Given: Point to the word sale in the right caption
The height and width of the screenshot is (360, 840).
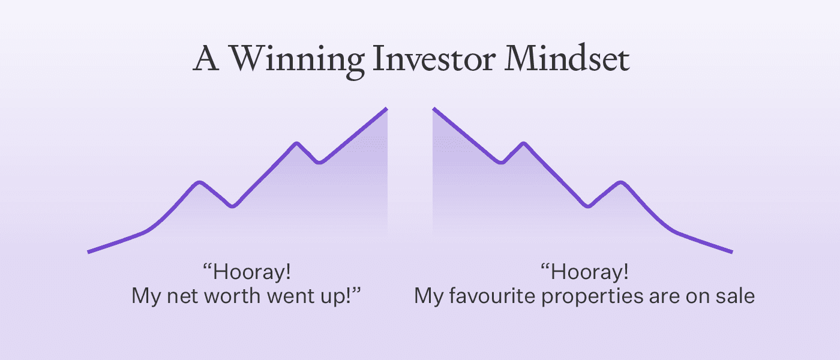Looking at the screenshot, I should pos(734,296).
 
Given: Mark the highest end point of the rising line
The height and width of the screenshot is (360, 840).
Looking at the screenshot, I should pos(386,109).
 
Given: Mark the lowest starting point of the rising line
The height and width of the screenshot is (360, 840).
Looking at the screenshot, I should pos(89,251).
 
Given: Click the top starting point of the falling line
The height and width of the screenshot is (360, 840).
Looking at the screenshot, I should pos(434,109).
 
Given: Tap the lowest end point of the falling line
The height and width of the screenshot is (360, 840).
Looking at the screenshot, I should pos(731,251).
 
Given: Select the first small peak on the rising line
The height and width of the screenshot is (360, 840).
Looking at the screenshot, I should pos(200,182).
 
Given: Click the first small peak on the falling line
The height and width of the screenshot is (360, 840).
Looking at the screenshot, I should pos(524,143).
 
